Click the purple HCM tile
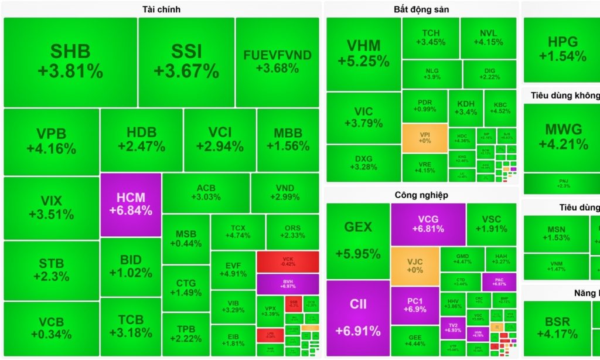point(131,205)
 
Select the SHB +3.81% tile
point(70,62)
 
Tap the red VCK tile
point(288,261)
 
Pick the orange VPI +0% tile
point(425,138)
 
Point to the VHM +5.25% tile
point(363,53)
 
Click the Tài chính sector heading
point(161,9)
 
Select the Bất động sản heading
point(421,9)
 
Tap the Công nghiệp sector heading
point(421,195)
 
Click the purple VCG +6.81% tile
point(428,224)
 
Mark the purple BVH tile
point(288,284)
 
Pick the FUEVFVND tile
point(277,62)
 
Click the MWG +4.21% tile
point(562,137)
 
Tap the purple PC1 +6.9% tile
point(415,305)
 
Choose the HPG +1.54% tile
point(562,49)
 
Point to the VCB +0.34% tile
point(52,328)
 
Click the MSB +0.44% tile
point(186,239)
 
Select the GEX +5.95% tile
point(358,240)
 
